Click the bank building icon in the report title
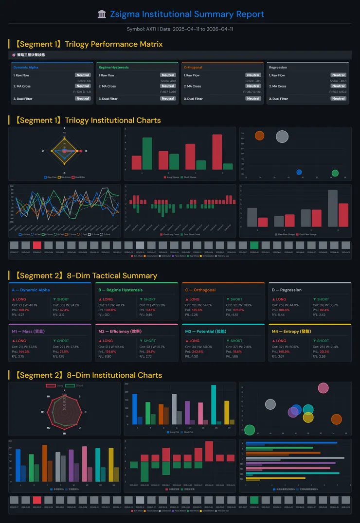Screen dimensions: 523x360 point(102,15)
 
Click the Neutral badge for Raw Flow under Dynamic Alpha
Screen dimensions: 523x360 point(83,75)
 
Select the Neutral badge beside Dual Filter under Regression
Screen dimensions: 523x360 point(338,99)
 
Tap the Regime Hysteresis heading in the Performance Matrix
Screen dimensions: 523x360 point(113,68)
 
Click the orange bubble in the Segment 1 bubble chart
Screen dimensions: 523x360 point(259,136)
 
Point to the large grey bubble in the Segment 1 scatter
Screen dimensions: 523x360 point(282,137)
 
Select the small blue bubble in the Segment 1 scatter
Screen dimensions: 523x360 point(299,172)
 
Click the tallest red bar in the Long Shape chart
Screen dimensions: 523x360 point(217,152)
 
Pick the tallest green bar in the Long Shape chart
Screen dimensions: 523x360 point(147,153)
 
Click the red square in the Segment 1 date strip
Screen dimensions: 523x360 point(37,245)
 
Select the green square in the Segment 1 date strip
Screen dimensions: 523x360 point(254,245)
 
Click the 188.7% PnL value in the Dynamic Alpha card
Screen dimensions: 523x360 point(24,310)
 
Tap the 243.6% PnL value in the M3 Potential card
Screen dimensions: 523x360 point(197,351)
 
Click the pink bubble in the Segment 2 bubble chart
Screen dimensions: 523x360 point(324,388)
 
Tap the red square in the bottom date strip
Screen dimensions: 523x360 point(37,500)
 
